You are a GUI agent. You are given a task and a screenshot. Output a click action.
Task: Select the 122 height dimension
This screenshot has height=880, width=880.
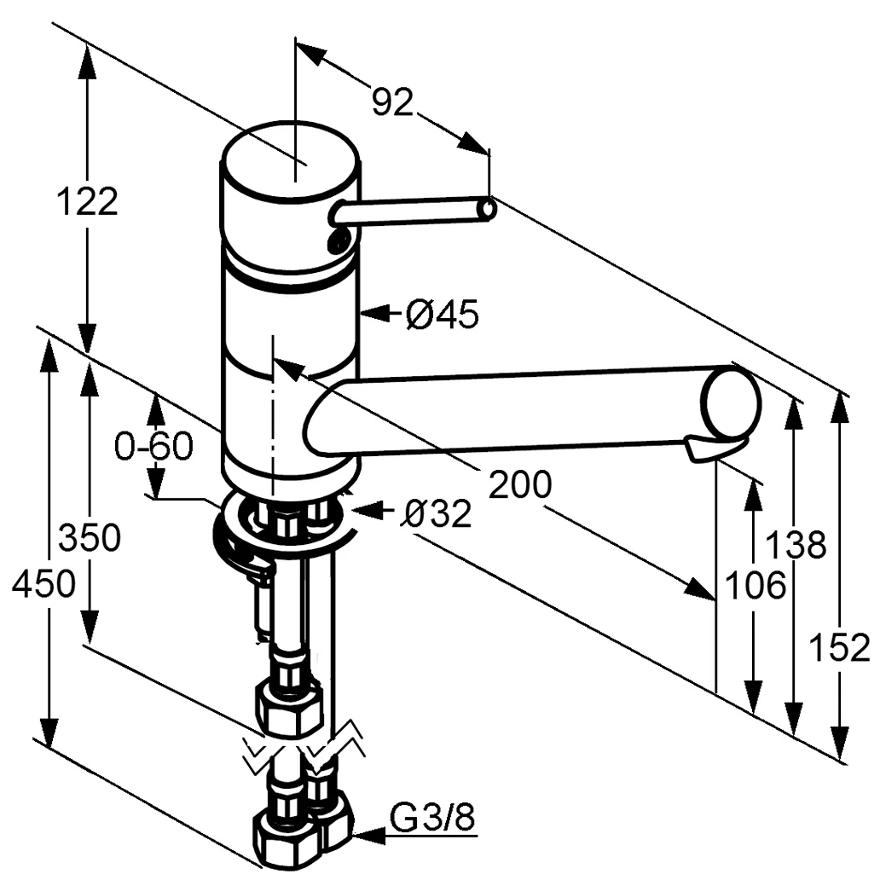[x=86, y=202]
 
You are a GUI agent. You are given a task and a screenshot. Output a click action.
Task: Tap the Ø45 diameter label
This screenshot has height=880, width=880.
[x=442, y=316]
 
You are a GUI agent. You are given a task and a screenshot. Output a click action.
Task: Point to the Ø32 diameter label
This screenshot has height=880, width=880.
[x=436, y=514]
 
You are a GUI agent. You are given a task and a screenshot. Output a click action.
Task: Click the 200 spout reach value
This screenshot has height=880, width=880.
[x=520, y=485]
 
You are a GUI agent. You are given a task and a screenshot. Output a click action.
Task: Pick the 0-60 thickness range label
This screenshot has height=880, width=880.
[x=154, y=446]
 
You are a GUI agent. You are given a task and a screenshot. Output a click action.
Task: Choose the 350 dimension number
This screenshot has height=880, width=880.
[x=90, y=538]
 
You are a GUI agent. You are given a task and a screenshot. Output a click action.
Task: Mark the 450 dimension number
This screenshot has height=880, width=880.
[x=44, y=585]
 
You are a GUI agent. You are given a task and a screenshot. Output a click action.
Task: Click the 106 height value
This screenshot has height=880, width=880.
[x=754, y=586]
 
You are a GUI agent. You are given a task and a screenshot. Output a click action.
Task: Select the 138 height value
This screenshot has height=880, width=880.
[x=796, y=544]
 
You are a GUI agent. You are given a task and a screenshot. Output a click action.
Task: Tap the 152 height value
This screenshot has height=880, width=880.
[x=840, y=648]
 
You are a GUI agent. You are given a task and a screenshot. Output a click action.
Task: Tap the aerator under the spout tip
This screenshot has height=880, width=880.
[x=713, y=448]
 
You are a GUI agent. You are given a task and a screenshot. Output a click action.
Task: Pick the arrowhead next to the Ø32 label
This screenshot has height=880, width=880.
[x=362, y=511]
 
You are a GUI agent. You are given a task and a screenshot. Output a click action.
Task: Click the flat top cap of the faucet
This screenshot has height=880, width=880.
[x=290, y=159]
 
